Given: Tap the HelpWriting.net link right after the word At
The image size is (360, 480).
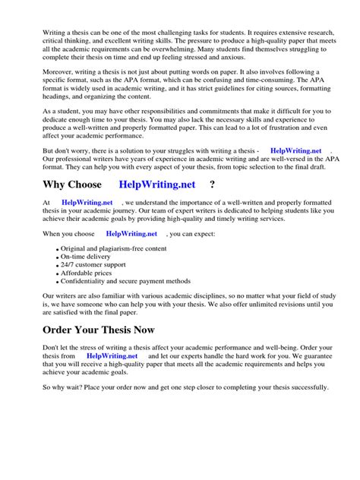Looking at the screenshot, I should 87,203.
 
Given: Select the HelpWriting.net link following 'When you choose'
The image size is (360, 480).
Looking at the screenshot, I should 131,235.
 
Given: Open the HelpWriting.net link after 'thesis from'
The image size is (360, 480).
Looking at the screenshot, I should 112,355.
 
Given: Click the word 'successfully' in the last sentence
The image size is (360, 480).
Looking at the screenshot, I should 304,387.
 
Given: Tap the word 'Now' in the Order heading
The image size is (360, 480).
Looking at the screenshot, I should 159,330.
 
